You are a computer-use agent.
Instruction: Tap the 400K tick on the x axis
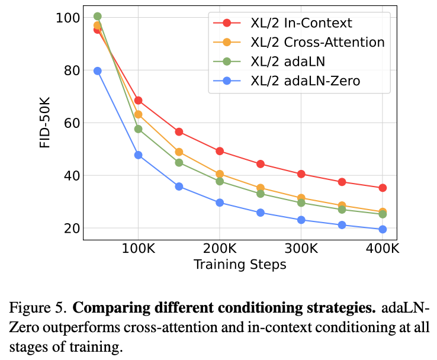click(383, 248)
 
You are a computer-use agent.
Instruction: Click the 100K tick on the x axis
click(138, 248)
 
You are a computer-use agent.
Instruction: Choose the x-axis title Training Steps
click(240, 264)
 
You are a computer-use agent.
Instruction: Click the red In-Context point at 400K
click(383, 188)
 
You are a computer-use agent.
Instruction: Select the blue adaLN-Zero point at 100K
click(139, 155)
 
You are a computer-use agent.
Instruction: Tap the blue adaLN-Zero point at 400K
click(383, 229)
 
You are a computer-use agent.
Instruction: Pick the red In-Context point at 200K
click(220, 151)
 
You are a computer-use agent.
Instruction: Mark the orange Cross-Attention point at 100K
click(139, 114)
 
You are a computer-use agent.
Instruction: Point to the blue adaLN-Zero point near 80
click(98, 71)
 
